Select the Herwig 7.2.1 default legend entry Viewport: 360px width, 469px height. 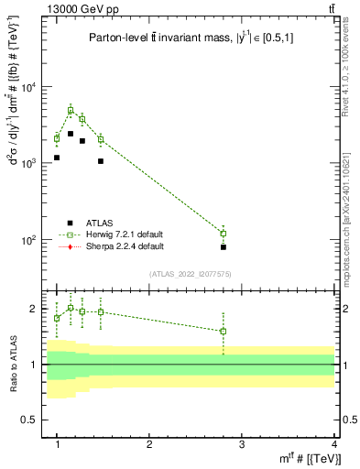(x=116, y=234)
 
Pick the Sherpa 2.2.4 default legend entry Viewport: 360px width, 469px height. (x=116, y=246)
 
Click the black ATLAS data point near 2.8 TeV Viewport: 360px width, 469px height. (x=224, y=247)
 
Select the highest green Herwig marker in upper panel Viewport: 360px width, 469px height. (x=71, y=111)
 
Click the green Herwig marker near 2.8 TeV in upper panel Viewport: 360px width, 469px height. (x=224, y=234)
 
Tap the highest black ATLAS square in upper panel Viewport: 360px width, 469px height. (x=71, y=134)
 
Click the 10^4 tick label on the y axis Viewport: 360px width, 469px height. (x=27, y=88)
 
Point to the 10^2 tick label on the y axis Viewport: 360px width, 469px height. (x=27, y=240)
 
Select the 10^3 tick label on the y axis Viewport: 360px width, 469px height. (x=27, y=164)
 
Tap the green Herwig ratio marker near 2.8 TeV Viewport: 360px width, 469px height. (x=224, y=332)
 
